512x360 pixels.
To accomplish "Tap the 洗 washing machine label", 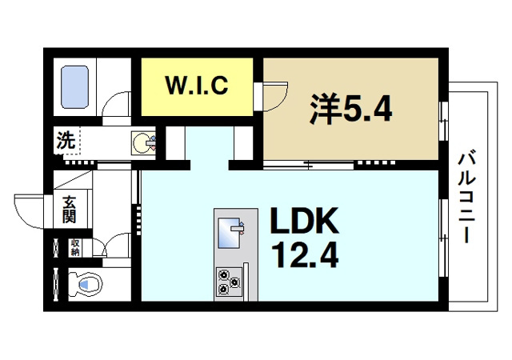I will pos(65,141).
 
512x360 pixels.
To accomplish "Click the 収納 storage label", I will pos(75,247).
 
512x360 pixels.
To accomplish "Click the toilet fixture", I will pos(83,283).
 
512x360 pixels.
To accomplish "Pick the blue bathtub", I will pos(78,89).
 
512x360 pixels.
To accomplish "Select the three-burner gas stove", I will pos(229,282).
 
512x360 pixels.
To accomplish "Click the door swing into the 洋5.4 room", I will pos(273,96).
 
